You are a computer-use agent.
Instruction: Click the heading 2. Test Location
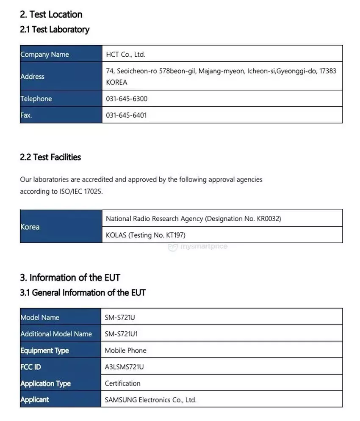tap(51, 14)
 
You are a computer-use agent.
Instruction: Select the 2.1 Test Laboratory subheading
tap(55, 30)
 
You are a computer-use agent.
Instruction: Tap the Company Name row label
tap(44, 55)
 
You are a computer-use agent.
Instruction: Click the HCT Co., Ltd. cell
tap(125, 55)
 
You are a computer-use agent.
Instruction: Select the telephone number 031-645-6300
tap(127, 99)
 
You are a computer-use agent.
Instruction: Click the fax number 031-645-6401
tap(126, 115)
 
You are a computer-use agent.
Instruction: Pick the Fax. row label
tap(26, 115)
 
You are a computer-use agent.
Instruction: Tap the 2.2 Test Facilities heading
tap(50, 157)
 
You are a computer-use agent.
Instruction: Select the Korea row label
tap(30, 227)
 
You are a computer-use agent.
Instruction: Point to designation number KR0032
tap(269, 219)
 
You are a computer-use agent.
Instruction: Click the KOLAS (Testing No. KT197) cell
tap(146, 235)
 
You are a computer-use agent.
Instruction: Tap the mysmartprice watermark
tap(198, 247)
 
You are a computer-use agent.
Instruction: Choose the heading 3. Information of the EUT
tap(70, 278)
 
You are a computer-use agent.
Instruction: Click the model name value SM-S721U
tap(120, 317)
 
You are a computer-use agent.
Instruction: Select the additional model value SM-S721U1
tap(122, 334)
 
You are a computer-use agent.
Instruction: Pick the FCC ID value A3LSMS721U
tap(124, 367)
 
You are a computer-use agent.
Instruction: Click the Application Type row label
tap(45, 383)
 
